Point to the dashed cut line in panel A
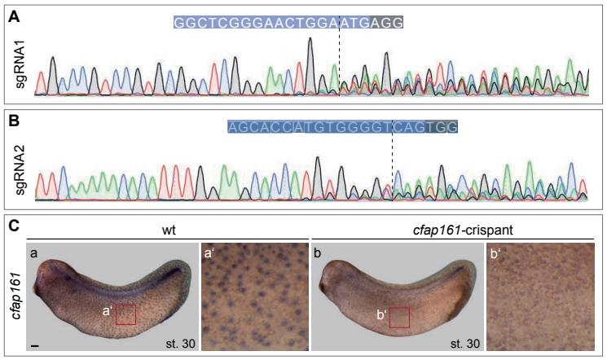coord(339,65)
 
